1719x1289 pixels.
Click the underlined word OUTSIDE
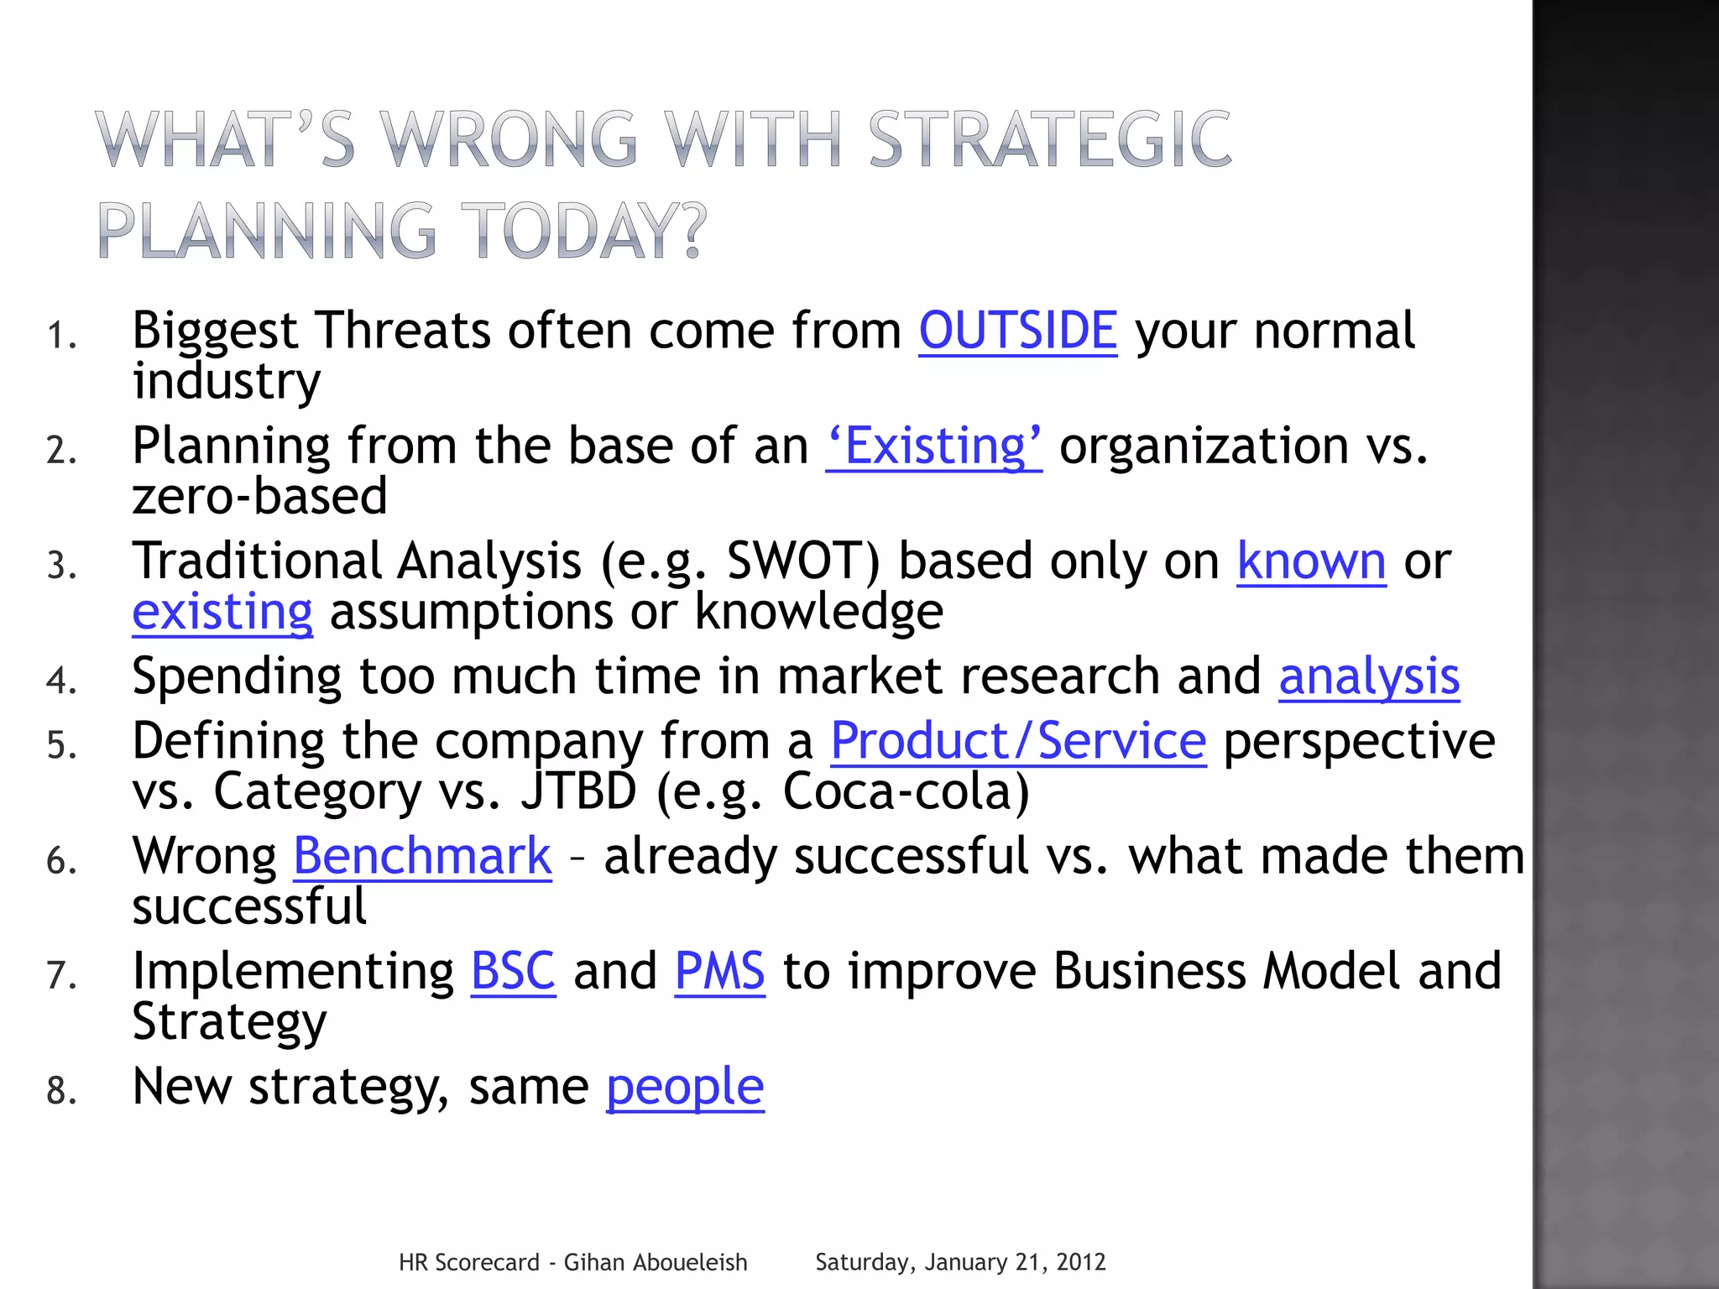point(1017,331)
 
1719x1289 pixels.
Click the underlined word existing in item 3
point(222,612)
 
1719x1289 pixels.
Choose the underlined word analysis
point(1369,676)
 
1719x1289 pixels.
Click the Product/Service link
point(1018,741)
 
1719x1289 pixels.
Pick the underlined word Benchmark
point(422,856)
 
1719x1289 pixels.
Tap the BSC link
point(513,971)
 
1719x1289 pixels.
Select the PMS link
point(719,971)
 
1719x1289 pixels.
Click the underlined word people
point(685,1088)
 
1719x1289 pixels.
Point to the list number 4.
point(60,681)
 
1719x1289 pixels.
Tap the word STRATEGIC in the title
point(1049,138)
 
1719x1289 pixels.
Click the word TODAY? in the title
point(584,230)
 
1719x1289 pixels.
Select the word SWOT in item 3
point(802,561)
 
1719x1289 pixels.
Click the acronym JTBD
point(579,791)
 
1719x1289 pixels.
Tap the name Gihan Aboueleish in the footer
point(655,1262)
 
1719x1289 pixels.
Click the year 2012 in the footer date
point(1081,1262)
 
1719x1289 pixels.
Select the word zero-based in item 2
point(260,496)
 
